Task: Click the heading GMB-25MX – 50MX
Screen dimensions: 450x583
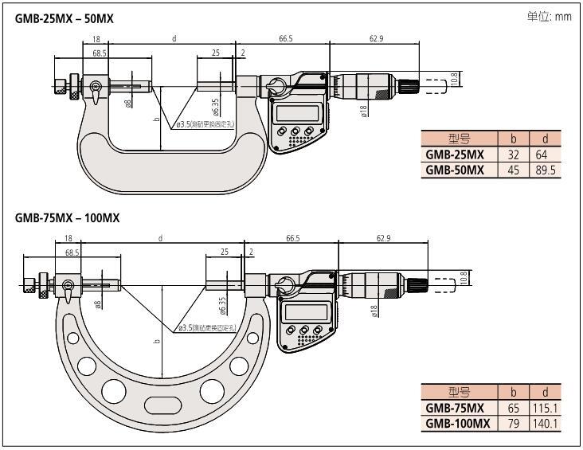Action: click(65, 18)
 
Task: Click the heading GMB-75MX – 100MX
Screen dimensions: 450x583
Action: click(67, 217)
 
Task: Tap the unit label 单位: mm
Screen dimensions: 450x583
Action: click(549, 17)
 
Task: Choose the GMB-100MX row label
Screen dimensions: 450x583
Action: click(457, 424)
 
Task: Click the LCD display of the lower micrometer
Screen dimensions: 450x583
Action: click(305, 313)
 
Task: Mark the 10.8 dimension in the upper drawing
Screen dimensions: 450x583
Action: click(454, 79)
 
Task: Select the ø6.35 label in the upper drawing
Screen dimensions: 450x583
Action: click(215, 107)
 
